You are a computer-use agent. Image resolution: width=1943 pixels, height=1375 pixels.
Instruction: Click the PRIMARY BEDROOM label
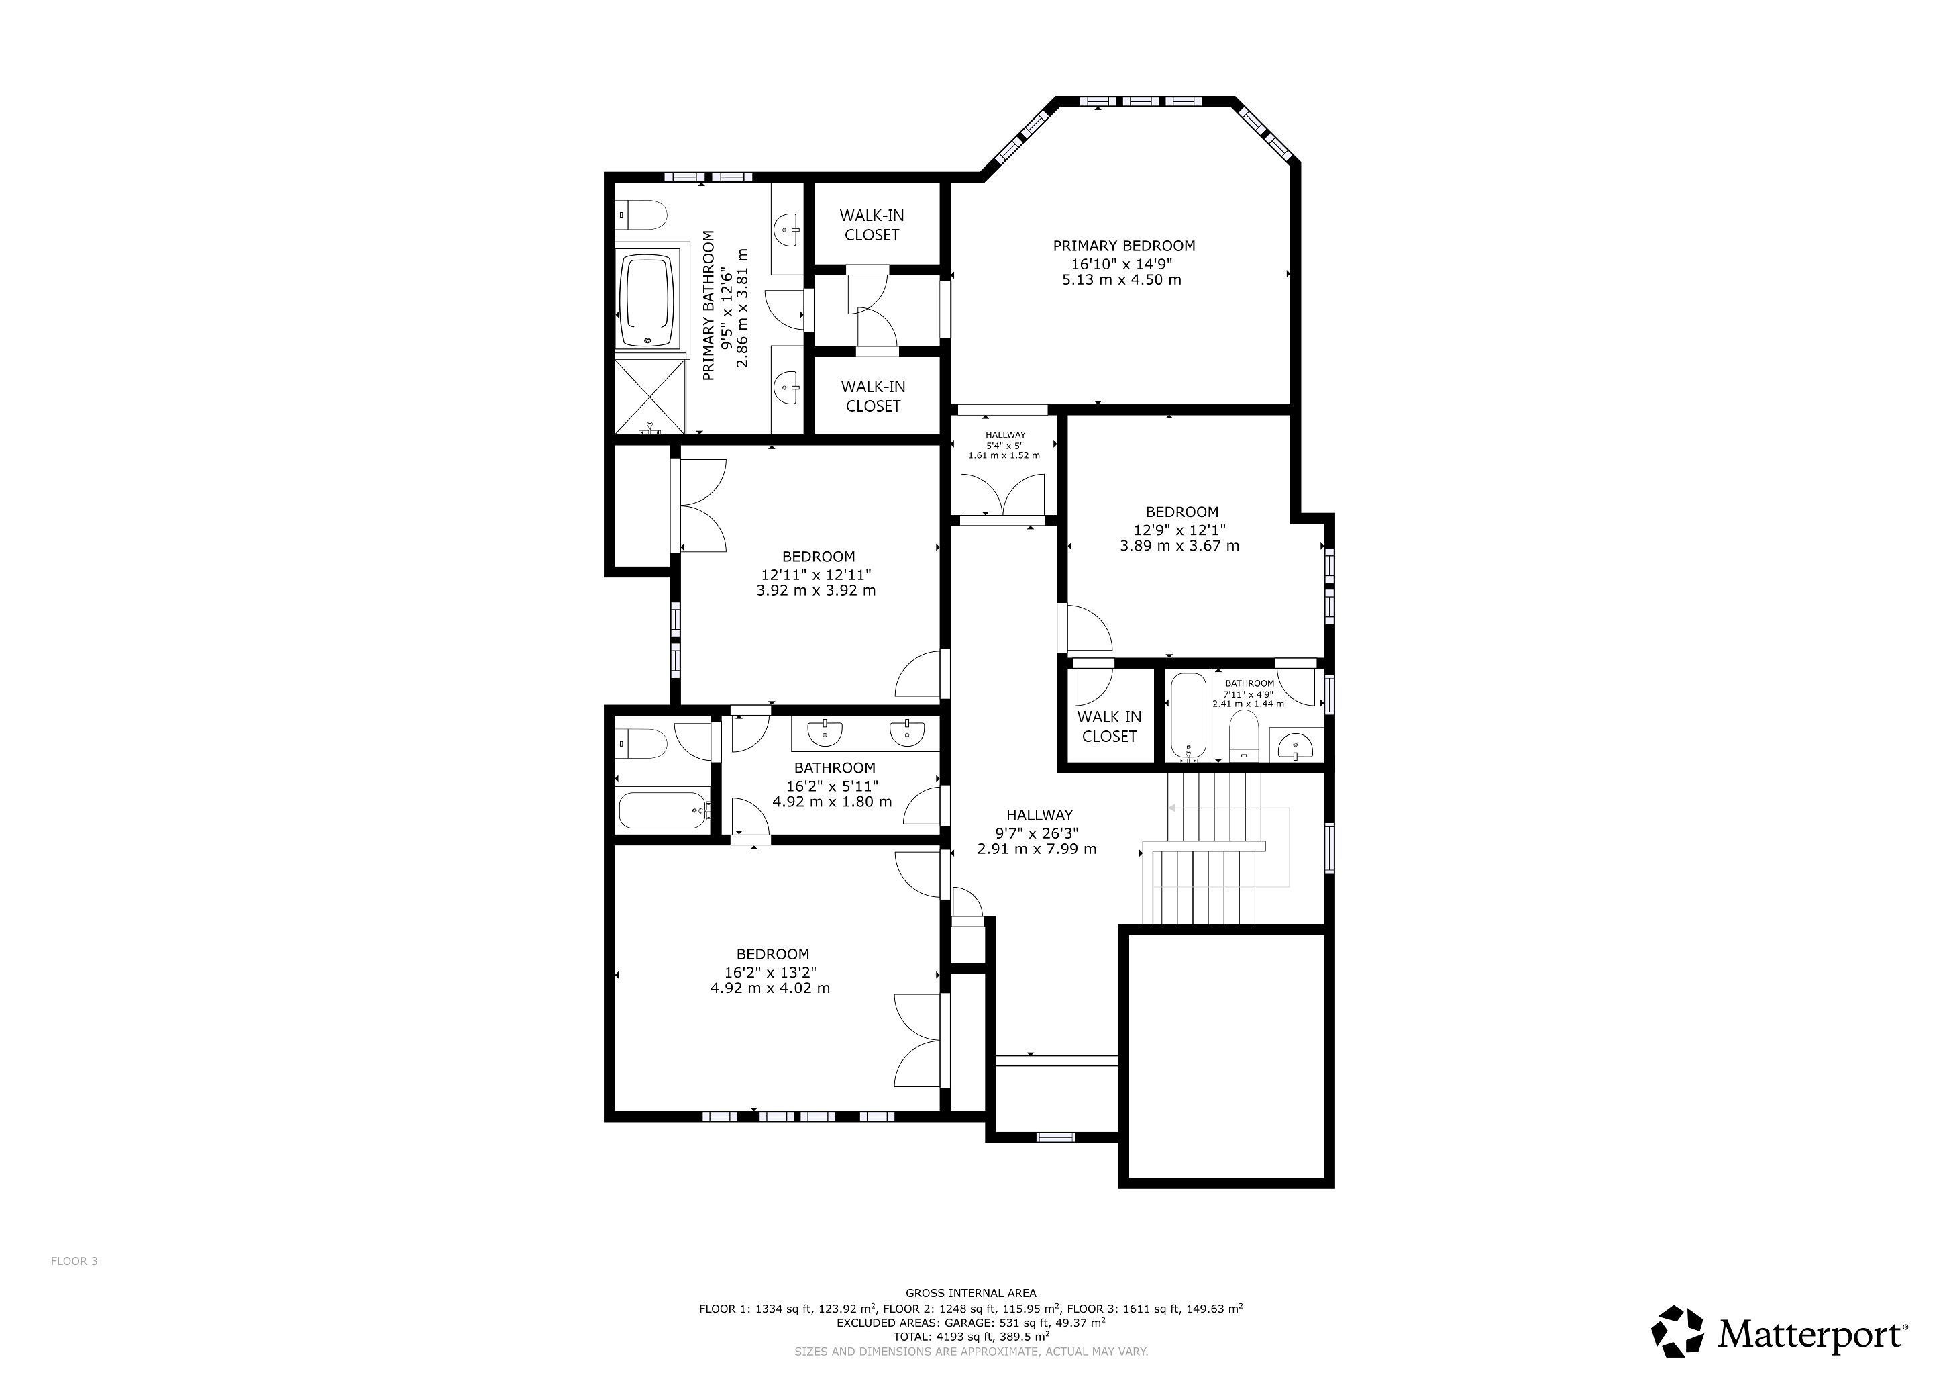click(1124, 246)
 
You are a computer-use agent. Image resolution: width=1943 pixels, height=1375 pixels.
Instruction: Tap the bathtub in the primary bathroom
click(649, 302)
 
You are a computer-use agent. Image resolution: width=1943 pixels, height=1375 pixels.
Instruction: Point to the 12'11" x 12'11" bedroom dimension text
click(816, 574)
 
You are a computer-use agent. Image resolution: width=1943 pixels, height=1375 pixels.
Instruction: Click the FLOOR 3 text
click(74, 1261)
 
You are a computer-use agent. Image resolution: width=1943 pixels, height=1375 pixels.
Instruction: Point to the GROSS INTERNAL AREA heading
click(971, 1293)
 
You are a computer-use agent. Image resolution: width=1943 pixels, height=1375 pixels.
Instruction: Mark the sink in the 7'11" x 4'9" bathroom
click(1295, 745)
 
